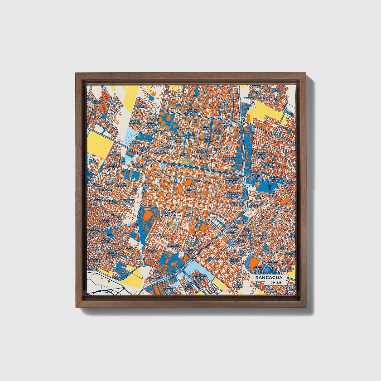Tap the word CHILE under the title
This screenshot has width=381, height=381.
click(x=276, y=282)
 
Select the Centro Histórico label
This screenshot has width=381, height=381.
click(x=191, y=191)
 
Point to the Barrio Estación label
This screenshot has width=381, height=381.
click(x=147, y=185)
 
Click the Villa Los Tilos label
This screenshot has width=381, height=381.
click(x=97, y=102)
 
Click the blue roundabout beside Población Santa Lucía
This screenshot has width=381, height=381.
click(x=281, y=182)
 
